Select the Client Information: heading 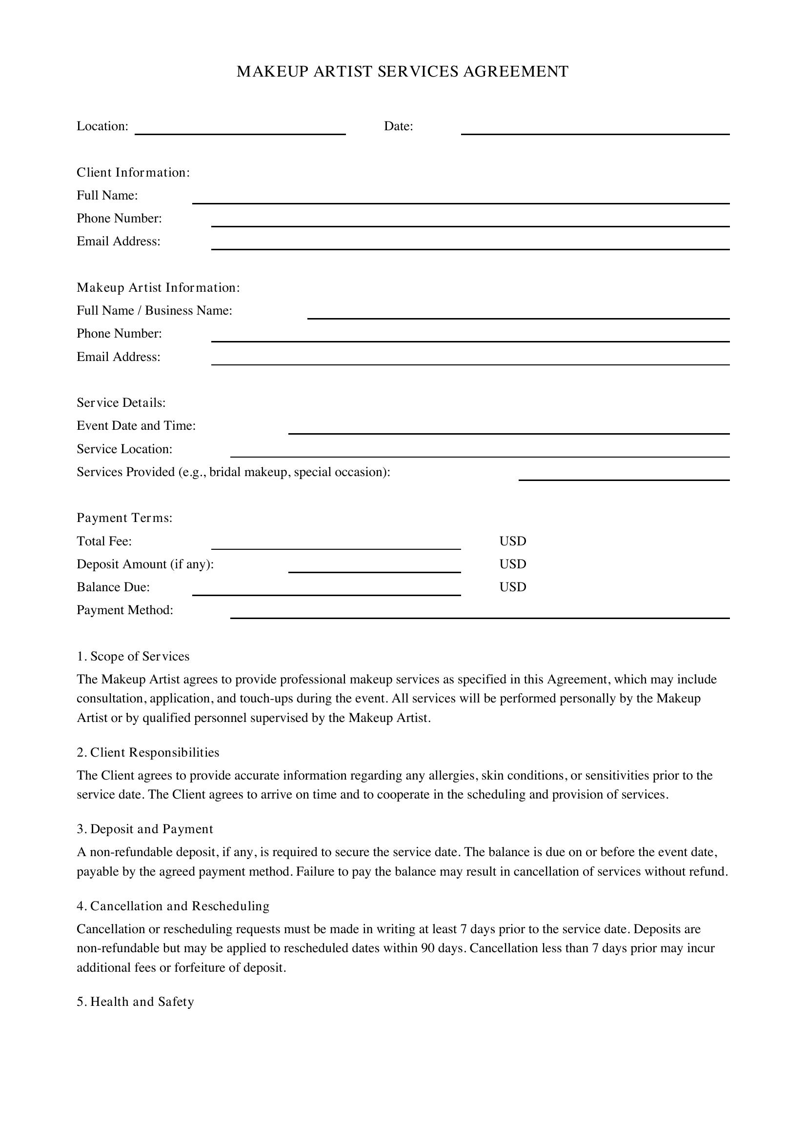[133, 172]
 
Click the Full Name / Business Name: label [154, 311]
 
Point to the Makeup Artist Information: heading [158, 288]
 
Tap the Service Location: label [124, 449]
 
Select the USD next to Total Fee [512, 541]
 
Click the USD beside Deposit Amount [512, 564]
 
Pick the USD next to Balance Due [512, 587]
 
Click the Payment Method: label [125, 610]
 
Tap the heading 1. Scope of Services [133, 657]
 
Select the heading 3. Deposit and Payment [144, 829]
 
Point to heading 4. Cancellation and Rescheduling [173, 906]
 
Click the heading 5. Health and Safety [135, 1002]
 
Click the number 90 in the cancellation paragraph [428, 948]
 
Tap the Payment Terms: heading [124, 518]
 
